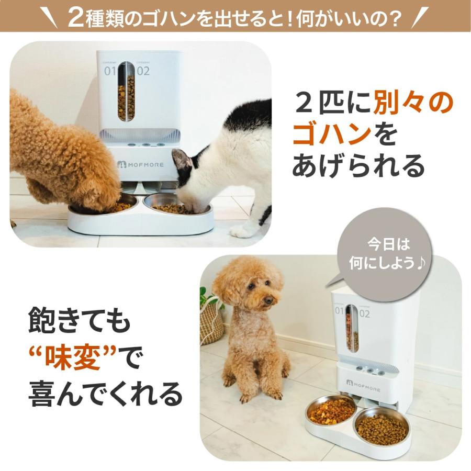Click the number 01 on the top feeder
(x=109, y=71)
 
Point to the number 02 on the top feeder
(x=143, y=71)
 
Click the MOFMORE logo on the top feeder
(x=140, y=164)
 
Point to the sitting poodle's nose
(x=268, y=300)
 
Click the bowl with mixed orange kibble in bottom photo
(x=331, y=410)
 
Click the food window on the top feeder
(x=126, y=91)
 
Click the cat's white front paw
(x=242, y=231)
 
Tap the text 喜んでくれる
(x=105, y=394)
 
